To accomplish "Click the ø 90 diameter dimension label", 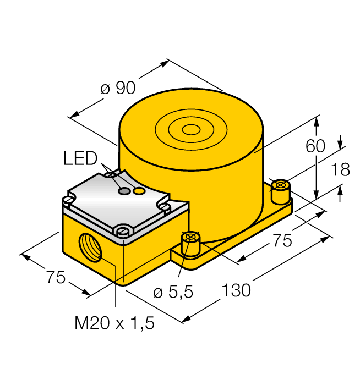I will [118, 88].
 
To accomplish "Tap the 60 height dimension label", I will [315, 146].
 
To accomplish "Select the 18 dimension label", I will [341, 169].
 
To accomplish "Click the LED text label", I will [80, 159].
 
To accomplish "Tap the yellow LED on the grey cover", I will [140, 191].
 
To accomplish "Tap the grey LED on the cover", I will [126, 191].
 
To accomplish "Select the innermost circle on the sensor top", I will [191, 130].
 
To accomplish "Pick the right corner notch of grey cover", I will [164, 206].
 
